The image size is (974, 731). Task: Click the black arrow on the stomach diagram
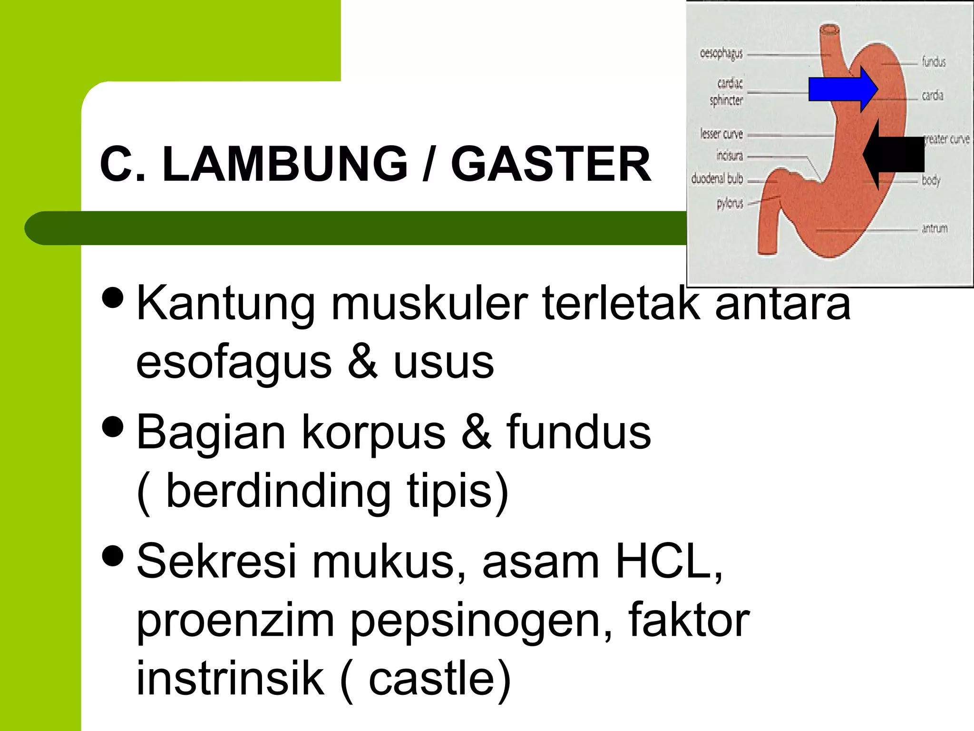[894, 154]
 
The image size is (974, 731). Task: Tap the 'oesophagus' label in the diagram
[721, 53]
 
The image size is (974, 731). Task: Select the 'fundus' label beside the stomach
[934, 62]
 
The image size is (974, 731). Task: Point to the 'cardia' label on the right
[932, 96]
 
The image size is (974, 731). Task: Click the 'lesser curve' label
[721, 134]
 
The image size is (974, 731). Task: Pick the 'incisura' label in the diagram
[729, 156]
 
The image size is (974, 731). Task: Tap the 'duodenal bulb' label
[717, 179]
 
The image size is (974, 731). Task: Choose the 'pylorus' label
[730, 204]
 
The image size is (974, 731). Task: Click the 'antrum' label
[935, 228]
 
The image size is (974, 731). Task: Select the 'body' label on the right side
[931, 180]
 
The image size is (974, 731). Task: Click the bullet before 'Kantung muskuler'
[113, 297]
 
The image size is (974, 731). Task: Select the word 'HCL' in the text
[666, 562]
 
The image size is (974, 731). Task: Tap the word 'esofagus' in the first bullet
[234, 363]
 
